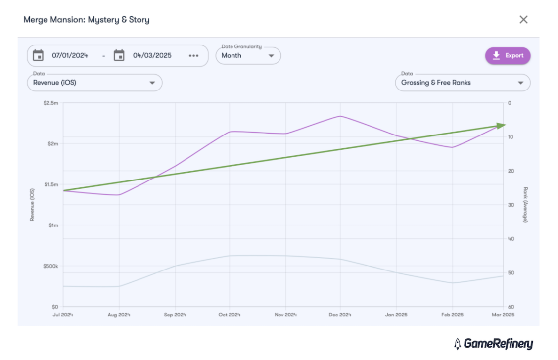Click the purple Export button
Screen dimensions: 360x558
point(508,56)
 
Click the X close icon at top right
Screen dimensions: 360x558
point(523,19)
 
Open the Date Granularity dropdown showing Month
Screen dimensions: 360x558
point(248,56)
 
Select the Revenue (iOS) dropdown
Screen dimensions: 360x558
point(94,83)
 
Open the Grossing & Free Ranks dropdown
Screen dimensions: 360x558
point(463,83)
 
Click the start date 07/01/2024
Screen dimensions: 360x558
point(70,56)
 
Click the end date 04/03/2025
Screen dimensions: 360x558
point(152,56)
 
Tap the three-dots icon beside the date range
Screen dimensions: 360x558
point(193,56)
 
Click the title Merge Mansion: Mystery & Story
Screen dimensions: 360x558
point(87,20)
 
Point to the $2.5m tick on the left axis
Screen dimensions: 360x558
point(51,103)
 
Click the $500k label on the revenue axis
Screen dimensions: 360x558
point(50,266)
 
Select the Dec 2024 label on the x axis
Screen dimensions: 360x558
point(340,315)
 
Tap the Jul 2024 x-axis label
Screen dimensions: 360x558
point(63,315)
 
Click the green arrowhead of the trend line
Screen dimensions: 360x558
point(502,125)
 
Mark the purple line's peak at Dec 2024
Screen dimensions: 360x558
point(340,116)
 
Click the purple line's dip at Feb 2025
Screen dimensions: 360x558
point(452,147)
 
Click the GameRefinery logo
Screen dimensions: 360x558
point(493,343)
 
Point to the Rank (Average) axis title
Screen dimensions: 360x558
point(525,204)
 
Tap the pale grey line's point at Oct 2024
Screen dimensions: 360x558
point(230,256)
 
